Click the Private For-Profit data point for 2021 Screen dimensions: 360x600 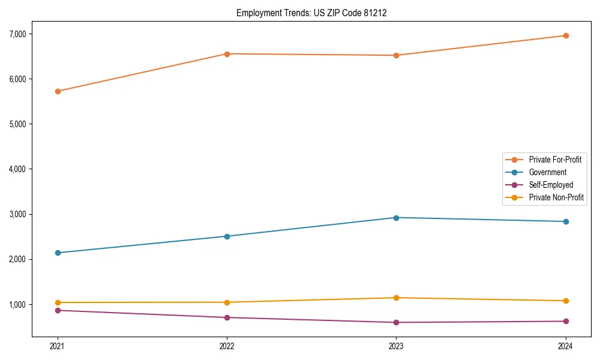pyautogui.click(x=58, y=91)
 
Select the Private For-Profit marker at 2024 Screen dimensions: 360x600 pyautogui.click(x=566, y=35)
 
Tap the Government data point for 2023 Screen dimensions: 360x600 pyautogui.click(x=397, y=218)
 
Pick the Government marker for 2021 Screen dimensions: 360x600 pyautogui.click(x=58, y=253)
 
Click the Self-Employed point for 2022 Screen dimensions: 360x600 pyautogui.click(x=227, y=317)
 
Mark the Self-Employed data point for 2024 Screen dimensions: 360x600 pyautogui.click(x=566, y=321)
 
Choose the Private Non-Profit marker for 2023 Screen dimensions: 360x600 pyautogui.click(x=397, y=298)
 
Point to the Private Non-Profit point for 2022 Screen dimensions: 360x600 pyautogui.click(x=227, y=302)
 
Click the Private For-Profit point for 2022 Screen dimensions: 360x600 pyautogui.click(x=227, y=54)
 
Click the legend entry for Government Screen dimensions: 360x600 pyautogui.click(x=547, y=172)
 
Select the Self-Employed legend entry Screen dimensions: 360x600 pyautogui.click(x=551, y=185)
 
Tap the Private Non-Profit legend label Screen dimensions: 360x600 pyautogui.click(x=556, y=197)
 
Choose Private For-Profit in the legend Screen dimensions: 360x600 pyautogui.click(x=555, y=160)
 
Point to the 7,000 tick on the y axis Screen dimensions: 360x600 pyautogui.click(x=17, y=34)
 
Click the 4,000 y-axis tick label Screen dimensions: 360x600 pyautogui.click(x=17, y=169)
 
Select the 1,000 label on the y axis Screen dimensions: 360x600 pyautogui.click(x=17, y=305)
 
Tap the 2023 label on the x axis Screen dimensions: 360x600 pyautogui.click(x=397, y=346)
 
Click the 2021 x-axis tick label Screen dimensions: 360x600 pyautogui.click(x=58, y=346)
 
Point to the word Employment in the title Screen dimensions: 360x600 pyautogui.click(x=257, y=13)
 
